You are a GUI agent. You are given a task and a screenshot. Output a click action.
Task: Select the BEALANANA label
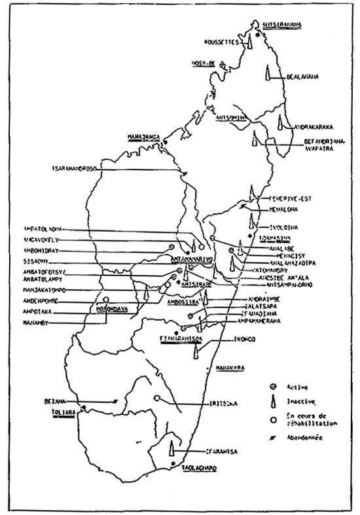(302, 77)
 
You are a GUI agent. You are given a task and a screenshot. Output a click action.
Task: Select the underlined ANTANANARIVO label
(189, 260)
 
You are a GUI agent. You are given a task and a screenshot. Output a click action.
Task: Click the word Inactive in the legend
(302, 401)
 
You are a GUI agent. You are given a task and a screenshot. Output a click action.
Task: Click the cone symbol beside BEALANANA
(267, 73)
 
